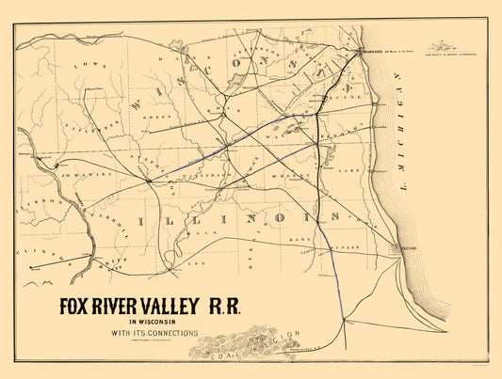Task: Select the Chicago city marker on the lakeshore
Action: (x=395, y=248)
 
